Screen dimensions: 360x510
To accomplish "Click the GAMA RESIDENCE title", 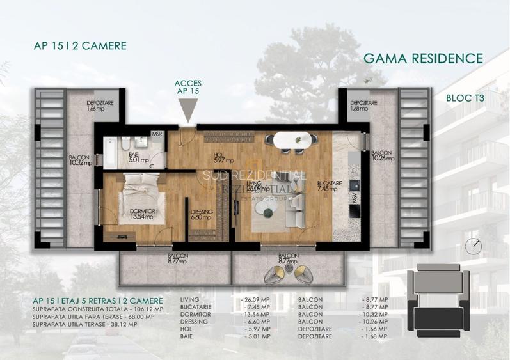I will coord(423,59).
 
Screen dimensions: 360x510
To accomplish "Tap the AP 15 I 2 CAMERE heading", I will coord(80,46).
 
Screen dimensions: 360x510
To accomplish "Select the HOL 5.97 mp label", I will coord(225,159).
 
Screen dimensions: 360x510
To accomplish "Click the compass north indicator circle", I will coord(474,245).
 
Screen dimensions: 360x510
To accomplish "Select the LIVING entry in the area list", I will coord(190,299).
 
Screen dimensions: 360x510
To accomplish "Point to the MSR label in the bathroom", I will coord(156,134).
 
